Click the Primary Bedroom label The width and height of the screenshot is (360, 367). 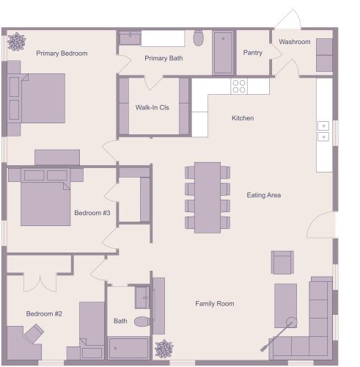62,54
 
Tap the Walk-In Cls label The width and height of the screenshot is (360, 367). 152,107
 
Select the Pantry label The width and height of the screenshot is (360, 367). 253,53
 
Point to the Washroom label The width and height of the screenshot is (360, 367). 295,42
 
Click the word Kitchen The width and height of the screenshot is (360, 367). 243,118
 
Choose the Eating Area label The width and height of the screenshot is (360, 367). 264,195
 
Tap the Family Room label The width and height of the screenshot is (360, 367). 214,303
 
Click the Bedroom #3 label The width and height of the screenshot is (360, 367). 92,214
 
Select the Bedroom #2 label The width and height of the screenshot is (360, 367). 44,313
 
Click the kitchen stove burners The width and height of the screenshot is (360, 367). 239,86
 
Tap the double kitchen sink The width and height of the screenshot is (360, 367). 323,131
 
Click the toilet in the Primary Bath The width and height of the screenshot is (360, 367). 198,37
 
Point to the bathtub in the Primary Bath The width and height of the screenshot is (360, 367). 224,52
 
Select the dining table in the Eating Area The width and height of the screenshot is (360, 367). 207,196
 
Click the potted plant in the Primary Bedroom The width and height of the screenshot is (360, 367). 16,42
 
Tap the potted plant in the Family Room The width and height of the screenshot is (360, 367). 164,349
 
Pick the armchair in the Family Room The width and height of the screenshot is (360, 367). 282,262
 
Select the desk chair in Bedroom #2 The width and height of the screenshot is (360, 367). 33,334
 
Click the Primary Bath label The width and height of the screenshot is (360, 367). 164,58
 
